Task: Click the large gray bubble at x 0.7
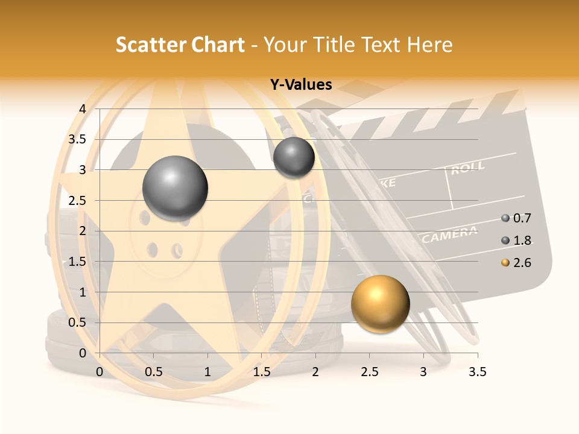pyautogui.click(x=175, y=188)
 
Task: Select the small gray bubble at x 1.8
pyautogui.click(x=294, y=157)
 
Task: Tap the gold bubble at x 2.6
pyautogui.click(x=380, y=304)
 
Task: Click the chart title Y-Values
pyautogui.click(x=301, y=85)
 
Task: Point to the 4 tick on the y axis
pyautogui.click(x=82, y=109)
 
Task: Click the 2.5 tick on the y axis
pyautogui.click(x=79, y=200)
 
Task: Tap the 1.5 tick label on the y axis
pyautogui.click(x=79, y=262)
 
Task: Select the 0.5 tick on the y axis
pyautogui.click(x=79, y=322)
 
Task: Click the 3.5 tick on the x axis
pyautogui.click(x=477, y=373)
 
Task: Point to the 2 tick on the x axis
pyautogui.click(x=315, y=373)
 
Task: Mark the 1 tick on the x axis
pyautogui.click(x=207, y=373)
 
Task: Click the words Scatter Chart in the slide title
pyautogui.click(x=180, y=45)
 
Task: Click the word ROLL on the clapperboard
pyautogui.click(x=467, y=168)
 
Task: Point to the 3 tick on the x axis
pyautogui.click(x=423, y=373)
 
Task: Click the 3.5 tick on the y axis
pyautogui.click(x=79, y=139)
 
